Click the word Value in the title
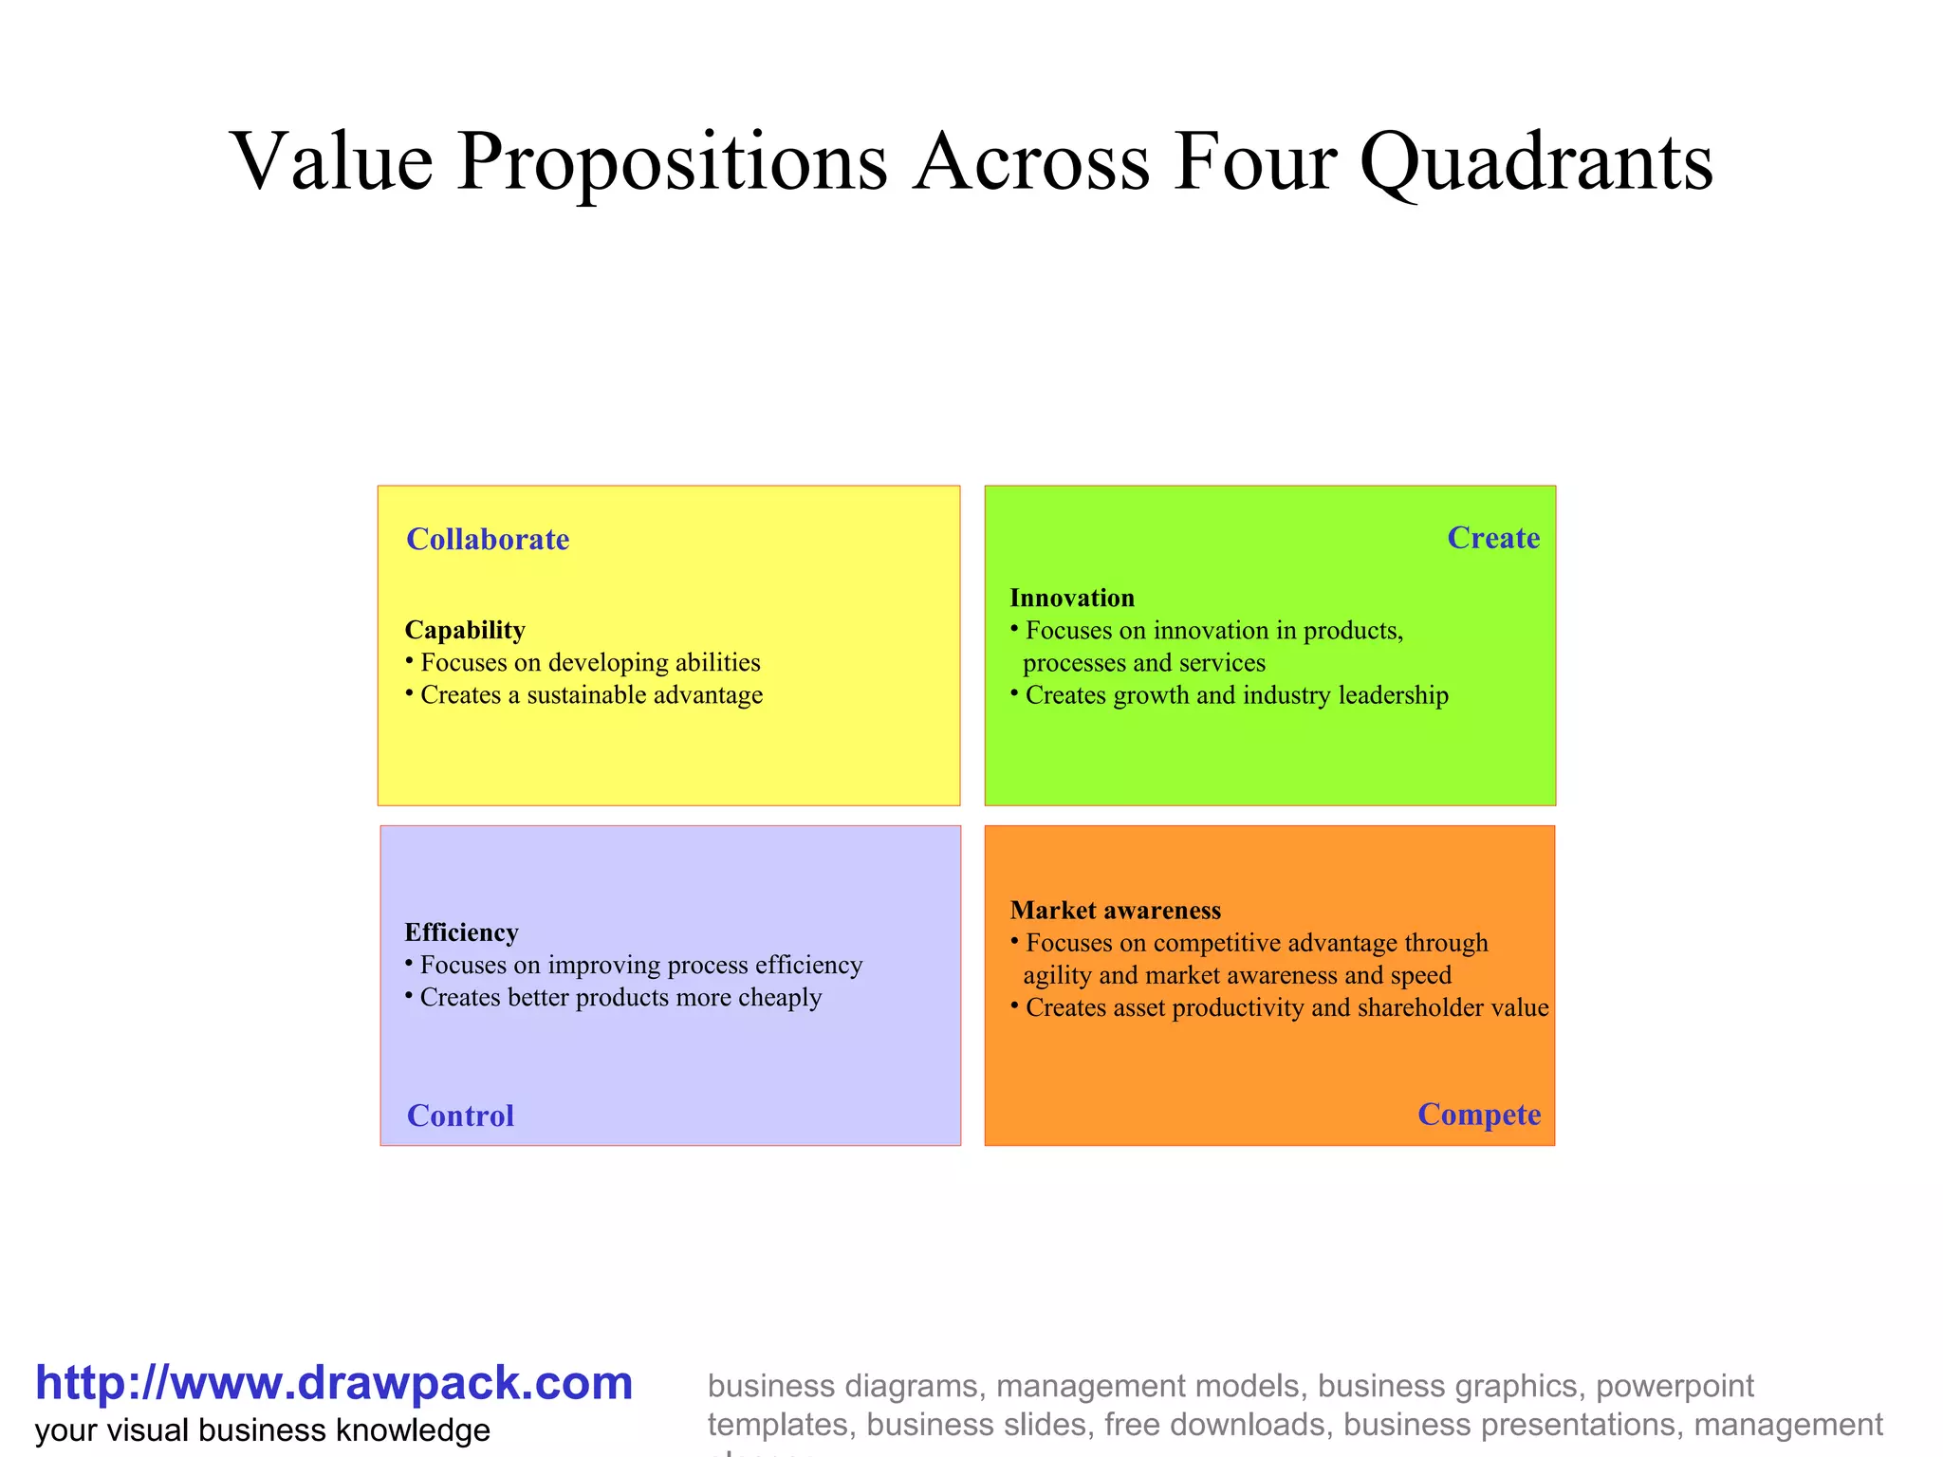click(x=332, y=161)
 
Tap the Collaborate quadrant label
click(x=488, y=540)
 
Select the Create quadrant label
click(x=1492, y=538)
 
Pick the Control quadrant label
click(x=460, y=1116)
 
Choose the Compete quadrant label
click(x=1478, y=1114)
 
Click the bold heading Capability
click(x=465, y=630)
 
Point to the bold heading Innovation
click(x=1072, y=598)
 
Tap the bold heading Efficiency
click(x=461, y=932)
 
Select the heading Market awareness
click(x=1115, y=911)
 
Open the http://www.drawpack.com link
click(x=334, y=1383)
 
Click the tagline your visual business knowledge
click(x=263, y=1430)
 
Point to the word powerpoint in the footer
click(x=1675, y=1386)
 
